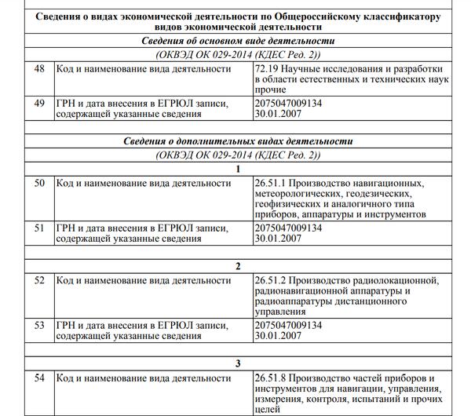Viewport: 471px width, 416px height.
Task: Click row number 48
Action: [x=39, y=69]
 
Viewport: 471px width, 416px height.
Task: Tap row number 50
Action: [x=39, y=184]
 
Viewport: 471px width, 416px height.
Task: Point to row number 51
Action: [x=39, y=228]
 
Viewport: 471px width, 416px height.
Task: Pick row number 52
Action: [x=39, y=280]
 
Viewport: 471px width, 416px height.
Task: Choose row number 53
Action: [x=39, y=323]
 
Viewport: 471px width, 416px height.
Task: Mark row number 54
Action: [x=39, y=378]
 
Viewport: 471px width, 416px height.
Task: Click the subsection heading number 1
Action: [x=238, y=168]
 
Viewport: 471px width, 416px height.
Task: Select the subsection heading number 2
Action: [x=238, y=265]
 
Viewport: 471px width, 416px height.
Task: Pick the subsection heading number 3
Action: [x=238, y=363]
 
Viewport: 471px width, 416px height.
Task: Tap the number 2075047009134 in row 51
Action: [x=289, y=228]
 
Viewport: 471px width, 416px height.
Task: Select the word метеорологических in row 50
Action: [x=298, y=194]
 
